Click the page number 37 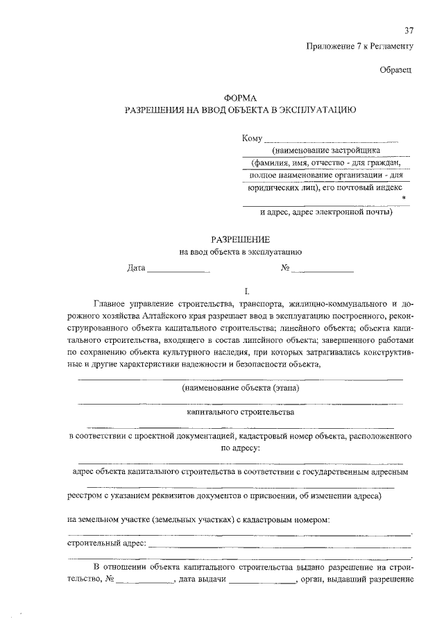coord(409,31)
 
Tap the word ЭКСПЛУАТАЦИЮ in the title coord(317,110)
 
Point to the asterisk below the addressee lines coord(404,199)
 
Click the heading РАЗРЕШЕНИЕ coord(240,239)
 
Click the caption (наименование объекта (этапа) coord(240,389)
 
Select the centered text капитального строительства coord(240,411)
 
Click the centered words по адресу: coord(240,448)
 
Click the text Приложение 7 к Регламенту coord(359,46)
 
